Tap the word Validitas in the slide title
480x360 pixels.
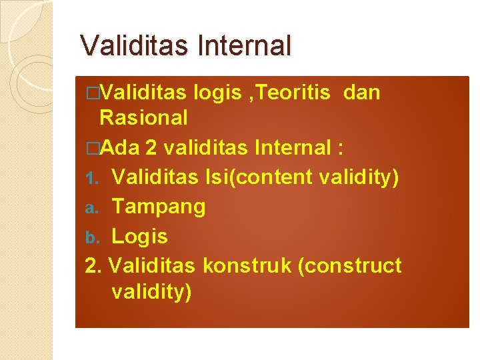(x=135, y=45)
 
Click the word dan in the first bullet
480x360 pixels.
(x=362, y=93)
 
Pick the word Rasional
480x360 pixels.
(x=143, y=118)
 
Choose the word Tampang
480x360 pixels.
(x=159, y=207)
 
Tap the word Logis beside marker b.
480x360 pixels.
(x=139, y=236)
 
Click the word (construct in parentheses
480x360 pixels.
(x=349, y=265)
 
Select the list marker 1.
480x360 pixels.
(x=93, y=179)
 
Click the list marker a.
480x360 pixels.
(x=93, y=208)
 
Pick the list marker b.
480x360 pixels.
(x=93, y=237)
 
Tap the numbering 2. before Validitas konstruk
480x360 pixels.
(x=93, y=265)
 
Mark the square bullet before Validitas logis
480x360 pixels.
(x=91, y=93)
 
